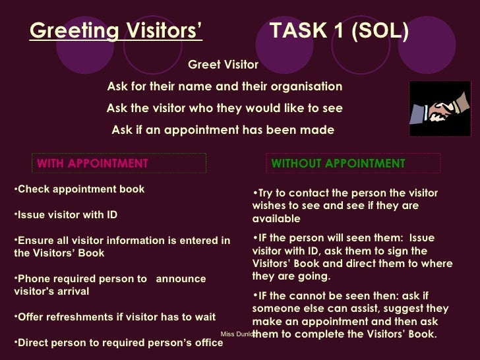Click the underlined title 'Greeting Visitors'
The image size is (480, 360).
[x=116, y=31]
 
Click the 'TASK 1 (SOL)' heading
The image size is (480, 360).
[x=339, y=31]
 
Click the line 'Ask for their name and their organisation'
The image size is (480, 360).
[x=224, y=86]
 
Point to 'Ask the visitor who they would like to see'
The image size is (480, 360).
[x=224, y=108]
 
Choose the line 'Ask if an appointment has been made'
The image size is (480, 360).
[x=223, y=130]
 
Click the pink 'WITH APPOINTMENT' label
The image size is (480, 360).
[x=92, y=164]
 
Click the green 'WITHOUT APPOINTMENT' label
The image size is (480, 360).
[x=338, y=164]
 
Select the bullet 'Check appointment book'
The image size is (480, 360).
[x=79, y=189]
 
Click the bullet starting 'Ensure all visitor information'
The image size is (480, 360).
[x=121, y=247]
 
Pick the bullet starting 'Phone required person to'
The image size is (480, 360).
[x=109, y=285]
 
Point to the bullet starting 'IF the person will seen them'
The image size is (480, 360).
[x=352, y=257]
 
